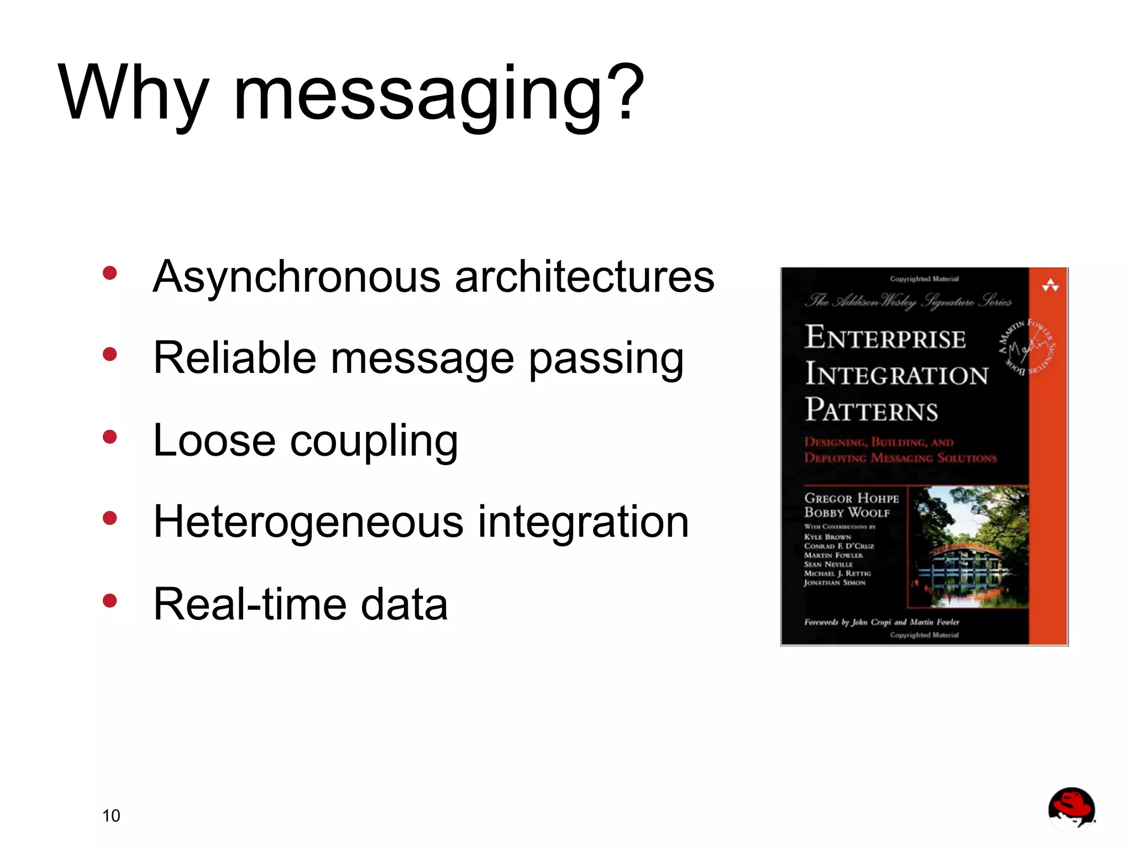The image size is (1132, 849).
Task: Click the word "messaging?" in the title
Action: coord(439,94)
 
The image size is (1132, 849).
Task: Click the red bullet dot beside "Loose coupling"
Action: coord(110,437)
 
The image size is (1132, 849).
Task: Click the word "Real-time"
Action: coord(249,604)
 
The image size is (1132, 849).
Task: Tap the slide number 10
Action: coord(111,815)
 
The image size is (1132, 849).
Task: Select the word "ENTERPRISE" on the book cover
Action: coord(885,338)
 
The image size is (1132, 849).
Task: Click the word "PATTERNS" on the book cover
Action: coord(871,410)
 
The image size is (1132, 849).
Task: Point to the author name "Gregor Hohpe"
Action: coord(851,498)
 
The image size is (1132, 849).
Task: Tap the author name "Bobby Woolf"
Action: coord(847,512)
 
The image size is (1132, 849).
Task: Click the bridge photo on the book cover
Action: coord(968,547)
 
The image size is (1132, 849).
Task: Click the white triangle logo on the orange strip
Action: coord(1050,286)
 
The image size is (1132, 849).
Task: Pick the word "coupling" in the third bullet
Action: coord(374,441)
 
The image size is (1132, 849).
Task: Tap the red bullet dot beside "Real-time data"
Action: coord(110,600)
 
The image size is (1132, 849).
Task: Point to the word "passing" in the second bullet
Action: coord(606,359)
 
